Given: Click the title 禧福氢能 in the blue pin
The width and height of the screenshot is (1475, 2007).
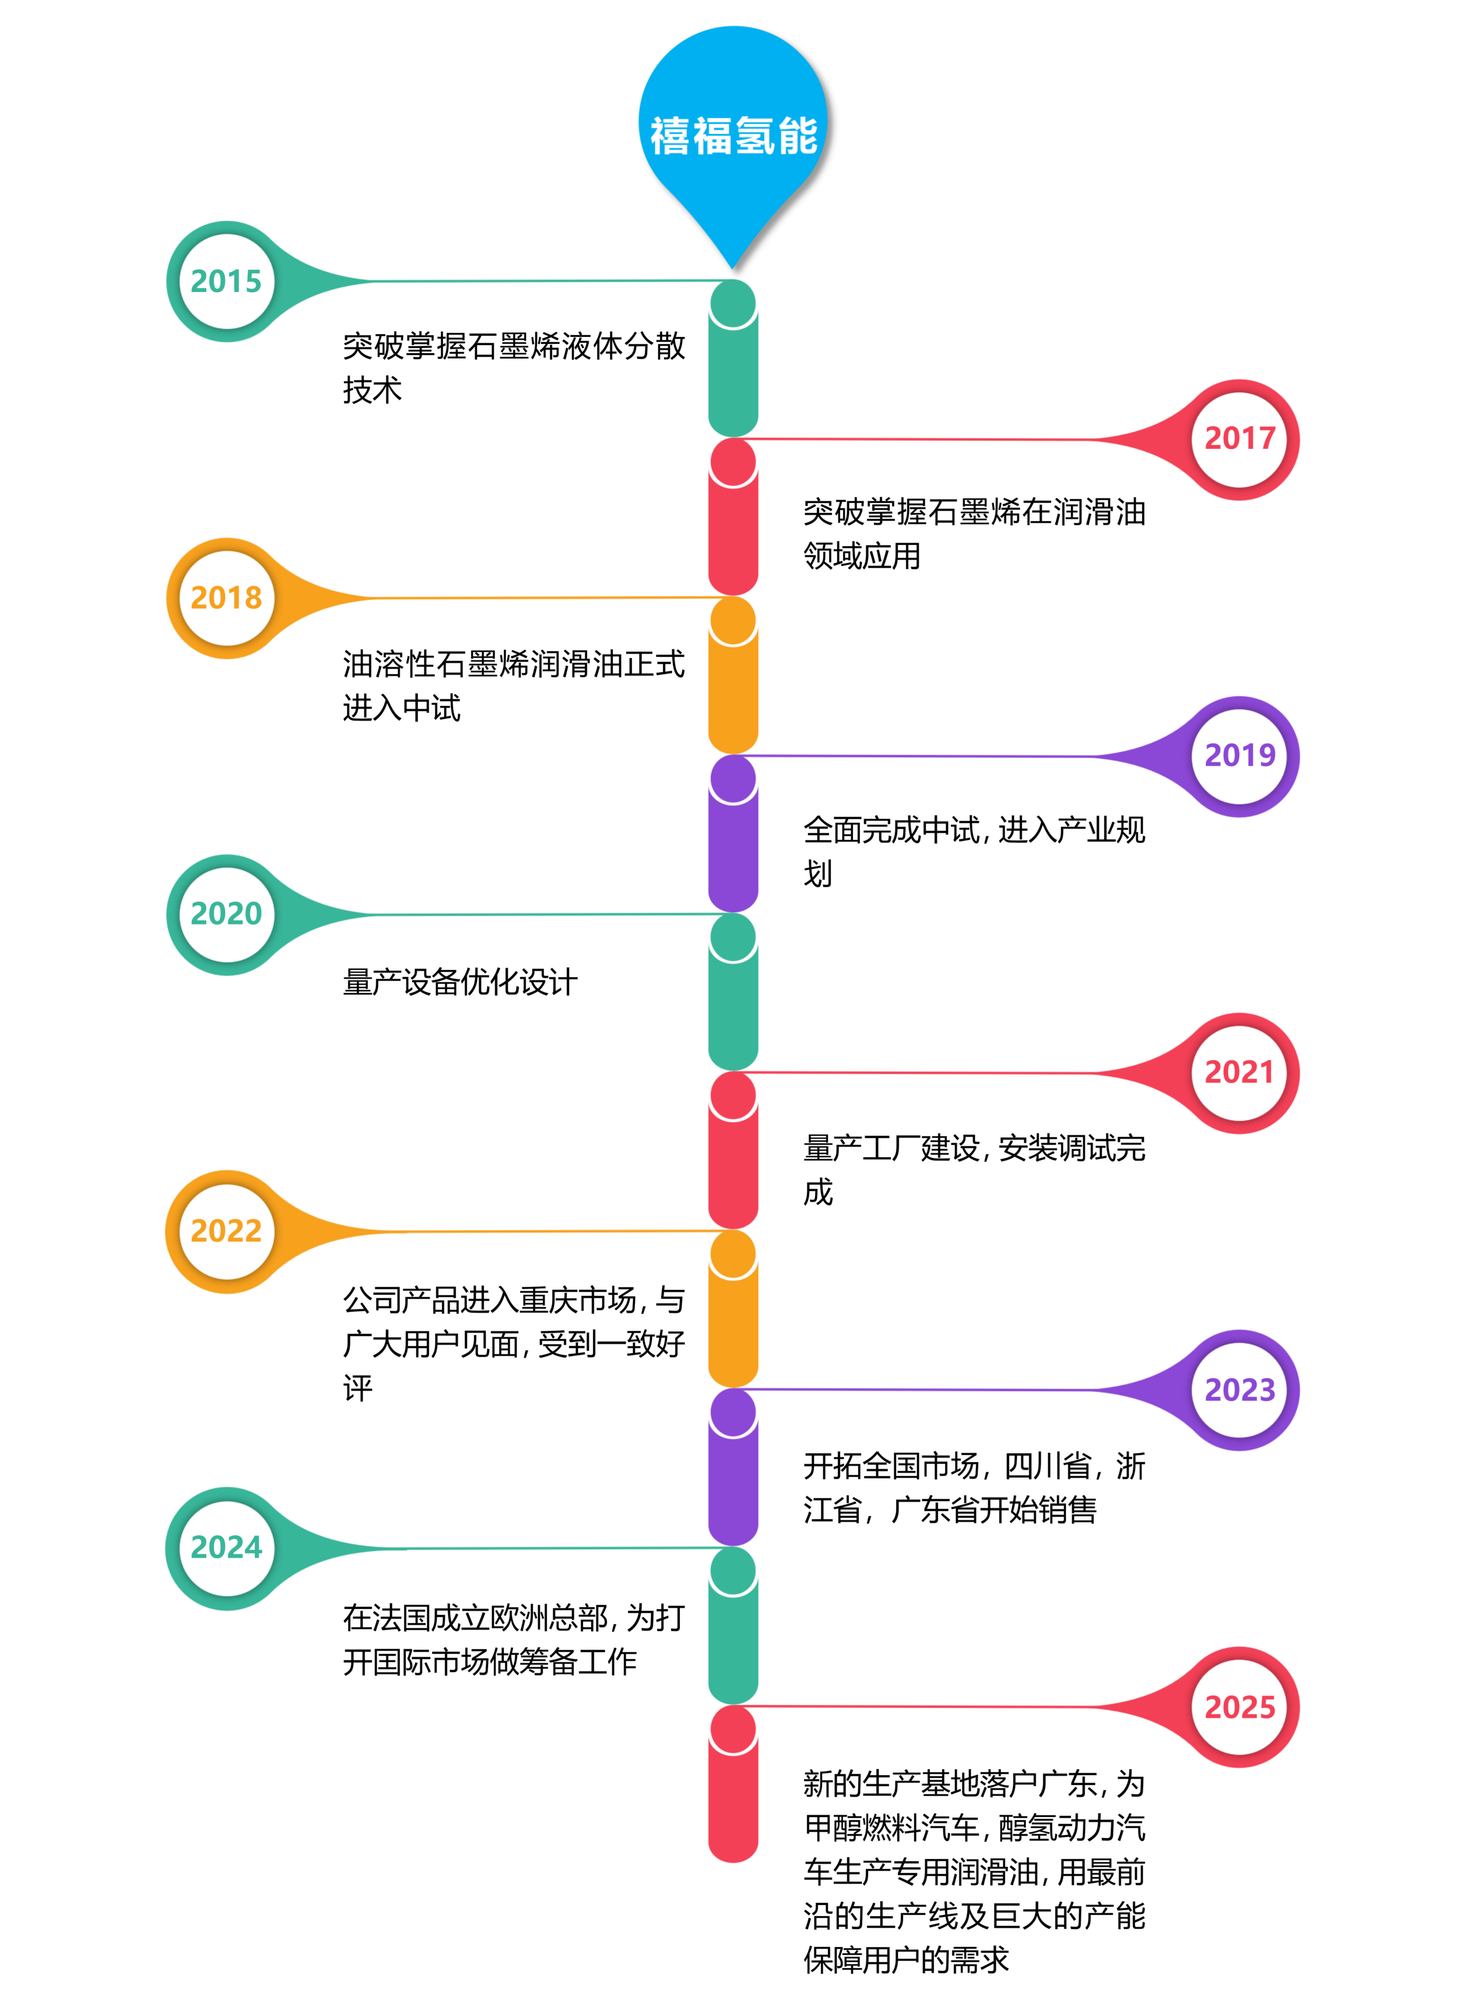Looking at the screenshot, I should pyautogui.click(x=733, y=136).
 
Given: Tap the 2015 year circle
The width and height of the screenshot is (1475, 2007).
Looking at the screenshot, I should pyautogui.click(x=227, y=281).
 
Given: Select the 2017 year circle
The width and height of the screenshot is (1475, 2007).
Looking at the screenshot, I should pyautogui.click(x=1239, y=438).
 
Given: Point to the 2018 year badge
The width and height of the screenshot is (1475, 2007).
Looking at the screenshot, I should pyautogui.click(x=227, y=597).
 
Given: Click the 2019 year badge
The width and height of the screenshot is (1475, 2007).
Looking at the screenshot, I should pyautogui.click(x=1239, y=755).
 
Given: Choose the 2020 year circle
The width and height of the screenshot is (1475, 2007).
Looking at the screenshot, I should pyautogui.click(x=227, y=913).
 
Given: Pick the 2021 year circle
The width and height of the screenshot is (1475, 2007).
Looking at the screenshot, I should pyautogui.click(x=1239, y=1072).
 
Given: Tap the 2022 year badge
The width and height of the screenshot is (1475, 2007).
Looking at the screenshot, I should pyautogui.click(x=227, y=1231).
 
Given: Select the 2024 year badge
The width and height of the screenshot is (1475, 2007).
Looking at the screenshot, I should pyautogui.click(x=227, y=1547).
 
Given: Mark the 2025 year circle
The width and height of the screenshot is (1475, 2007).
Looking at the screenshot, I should pyautogui.click(x=1239, y=1707).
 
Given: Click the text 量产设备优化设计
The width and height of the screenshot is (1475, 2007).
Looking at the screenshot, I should pyautogui.click(x=460, y=982).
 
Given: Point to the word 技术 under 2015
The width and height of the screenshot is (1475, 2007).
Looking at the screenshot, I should pyautogui.click(x=373, y=390).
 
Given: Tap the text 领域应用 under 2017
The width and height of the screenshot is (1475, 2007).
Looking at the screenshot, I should pyautogui.click(x=862, y=556).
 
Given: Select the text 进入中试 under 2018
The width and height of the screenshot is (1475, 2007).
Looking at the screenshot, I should pyautogui.click(x=402, y=708).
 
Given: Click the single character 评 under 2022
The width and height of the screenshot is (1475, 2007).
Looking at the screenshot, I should pyautogui.click(x=358, y=1387).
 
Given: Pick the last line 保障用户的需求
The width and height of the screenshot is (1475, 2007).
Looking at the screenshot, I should pyautogui.click(x=905, y=1960).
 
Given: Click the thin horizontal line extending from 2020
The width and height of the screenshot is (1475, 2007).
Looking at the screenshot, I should pyautogui.click(x=536, y=914).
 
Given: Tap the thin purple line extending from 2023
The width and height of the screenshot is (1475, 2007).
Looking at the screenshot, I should pyautogui.click(x=919, y=1389).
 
